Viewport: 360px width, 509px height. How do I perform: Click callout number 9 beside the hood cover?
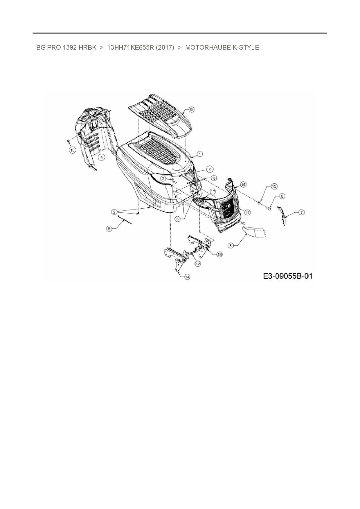click(191, 109)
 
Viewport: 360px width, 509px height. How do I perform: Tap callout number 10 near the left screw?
click(72, 150)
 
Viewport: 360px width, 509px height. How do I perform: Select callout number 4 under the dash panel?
click(101, 157)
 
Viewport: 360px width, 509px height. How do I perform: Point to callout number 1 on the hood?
click(200, 154)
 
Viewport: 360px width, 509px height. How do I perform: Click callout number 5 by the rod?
click(109, 229)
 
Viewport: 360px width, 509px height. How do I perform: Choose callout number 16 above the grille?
click(243, 185)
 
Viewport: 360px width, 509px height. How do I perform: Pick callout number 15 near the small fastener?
click(274, 186)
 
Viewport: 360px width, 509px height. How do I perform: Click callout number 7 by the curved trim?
click(302, 213)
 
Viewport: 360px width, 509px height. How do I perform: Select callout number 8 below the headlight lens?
click(231, 246)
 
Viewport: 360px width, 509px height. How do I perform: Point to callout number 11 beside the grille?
click(247, 212)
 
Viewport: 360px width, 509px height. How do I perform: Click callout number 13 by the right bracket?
click(219, 254)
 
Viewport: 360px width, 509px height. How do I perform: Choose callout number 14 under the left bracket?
click(187, 277)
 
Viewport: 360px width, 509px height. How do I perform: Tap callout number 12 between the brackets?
click(198, 263)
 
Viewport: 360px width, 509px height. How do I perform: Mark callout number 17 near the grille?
click(213, 192)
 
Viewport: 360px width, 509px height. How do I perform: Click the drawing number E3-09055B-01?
click(288, 276)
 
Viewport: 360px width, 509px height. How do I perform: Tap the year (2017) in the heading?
click(165, 48)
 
